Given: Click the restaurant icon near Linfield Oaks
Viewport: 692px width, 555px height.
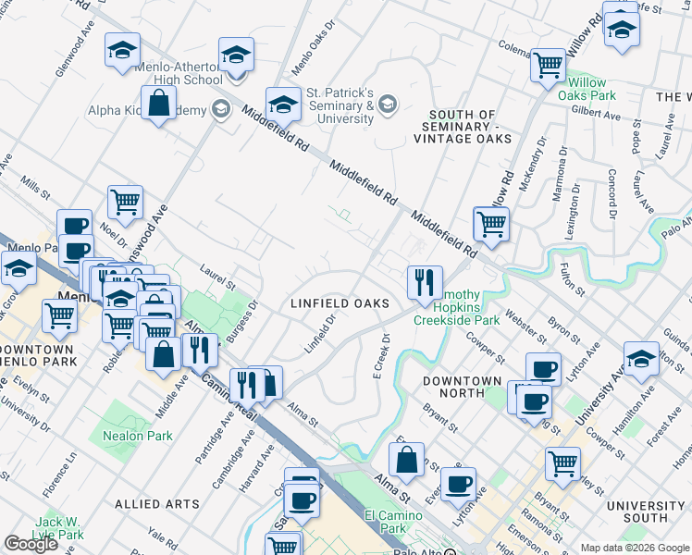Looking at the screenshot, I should coord(425,283).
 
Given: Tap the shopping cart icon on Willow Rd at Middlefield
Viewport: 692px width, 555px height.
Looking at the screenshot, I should coord(491,223).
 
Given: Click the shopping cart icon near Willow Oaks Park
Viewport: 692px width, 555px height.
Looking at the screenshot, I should coord(549,65).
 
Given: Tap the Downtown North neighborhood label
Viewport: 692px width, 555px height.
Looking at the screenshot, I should coord(463,387).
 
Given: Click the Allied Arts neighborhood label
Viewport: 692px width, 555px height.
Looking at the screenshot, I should coord(157,504).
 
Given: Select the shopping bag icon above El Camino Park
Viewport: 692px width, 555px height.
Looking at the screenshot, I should coord(406,460).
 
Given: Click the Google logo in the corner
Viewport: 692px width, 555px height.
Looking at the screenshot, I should coord(31,544).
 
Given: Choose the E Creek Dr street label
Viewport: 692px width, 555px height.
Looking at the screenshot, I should coord(377,355).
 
